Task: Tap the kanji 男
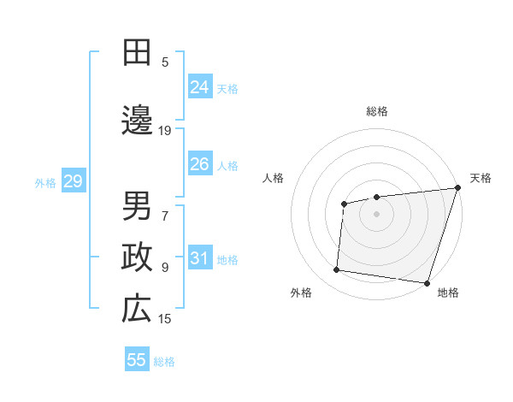[136, 205]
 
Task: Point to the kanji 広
[136, 310]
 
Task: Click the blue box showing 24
[200, 87]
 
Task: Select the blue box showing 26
[200, 164]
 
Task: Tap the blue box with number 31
[200, 259]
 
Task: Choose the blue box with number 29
[73, 181]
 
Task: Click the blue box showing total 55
[137, 360]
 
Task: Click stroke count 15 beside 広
[165, 319]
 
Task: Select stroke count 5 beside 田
[165, 62]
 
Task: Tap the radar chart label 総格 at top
[377, 111]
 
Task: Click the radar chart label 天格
[481, 178]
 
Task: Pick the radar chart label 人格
[274, 178]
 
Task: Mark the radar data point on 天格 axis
[458, 187]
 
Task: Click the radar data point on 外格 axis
[337, 270]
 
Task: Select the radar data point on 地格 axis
[427, 283]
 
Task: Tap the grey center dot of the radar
[377, 213]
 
